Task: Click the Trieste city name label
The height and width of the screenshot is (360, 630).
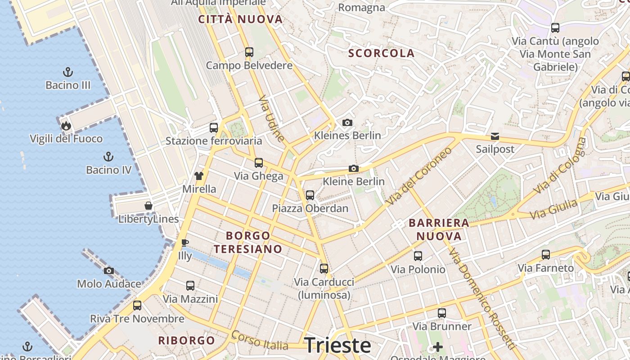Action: pos(337,345)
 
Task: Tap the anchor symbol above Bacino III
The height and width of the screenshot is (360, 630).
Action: pos(68,72)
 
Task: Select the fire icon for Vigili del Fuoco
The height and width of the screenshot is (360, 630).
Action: pos(66,126)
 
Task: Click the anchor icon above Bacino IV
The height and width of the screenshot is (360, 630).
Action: pos(108,157)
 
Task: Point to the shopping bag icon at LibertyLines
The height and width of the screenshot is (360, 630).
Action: pos(148,206)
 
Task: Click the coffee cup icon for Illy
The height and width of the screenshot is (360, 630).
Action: pos(184,243)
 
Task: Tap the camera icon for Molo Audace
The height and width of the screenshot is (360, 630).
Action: pos(109,270)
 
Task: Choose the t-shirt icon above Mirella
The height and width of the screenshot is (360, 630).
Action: pos(199,175)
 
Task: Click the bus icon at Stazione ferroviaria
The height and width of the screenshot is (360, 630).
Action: pos(214,127)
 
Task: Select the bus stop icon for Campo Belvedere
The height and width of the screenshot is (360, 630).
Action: pos(249,52)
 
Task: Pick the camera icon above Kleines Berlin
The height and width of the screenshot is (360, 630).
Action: pos(347,122)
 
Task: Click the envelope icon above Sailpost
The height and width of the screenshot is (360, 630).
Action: pos(495,136)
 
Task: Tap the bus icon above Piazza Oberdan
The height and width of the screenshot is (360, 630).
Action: pos(310,195)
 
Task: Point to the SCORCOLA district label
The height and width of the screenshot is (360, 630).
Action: pos(381,53)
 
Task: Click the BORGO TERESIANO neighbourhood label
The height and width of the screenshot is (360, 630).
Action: pos(248,242)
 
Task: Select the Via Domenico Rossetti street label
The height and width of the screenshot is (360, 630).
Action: pos(482,298)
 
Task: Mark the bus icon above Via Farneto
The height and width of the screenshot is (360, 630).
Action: pos(546,255)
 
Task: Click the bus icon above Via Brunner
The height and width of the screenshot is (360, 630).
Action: pos(442,313)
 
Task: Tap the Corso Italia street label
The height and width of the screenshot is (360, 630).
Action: pos(260,341)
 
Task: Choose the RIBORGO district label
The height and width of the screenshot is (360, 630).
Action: pos(186,340)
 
